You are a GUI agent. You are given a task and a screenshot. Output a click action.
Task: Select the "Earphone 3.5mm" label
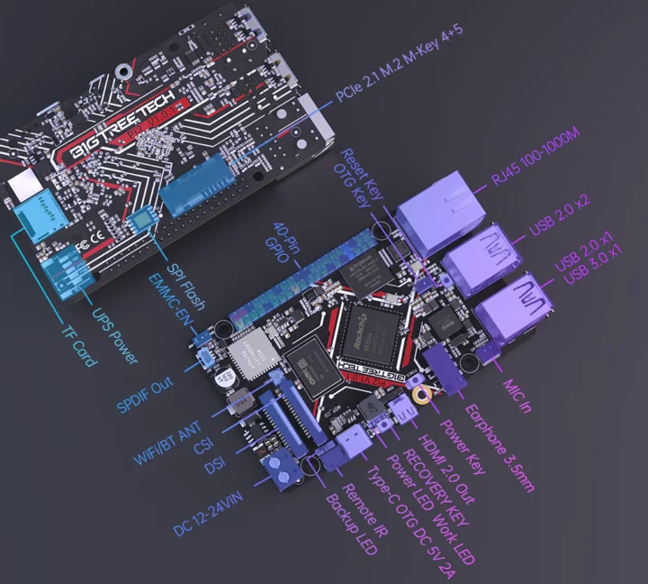[501, 445]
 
